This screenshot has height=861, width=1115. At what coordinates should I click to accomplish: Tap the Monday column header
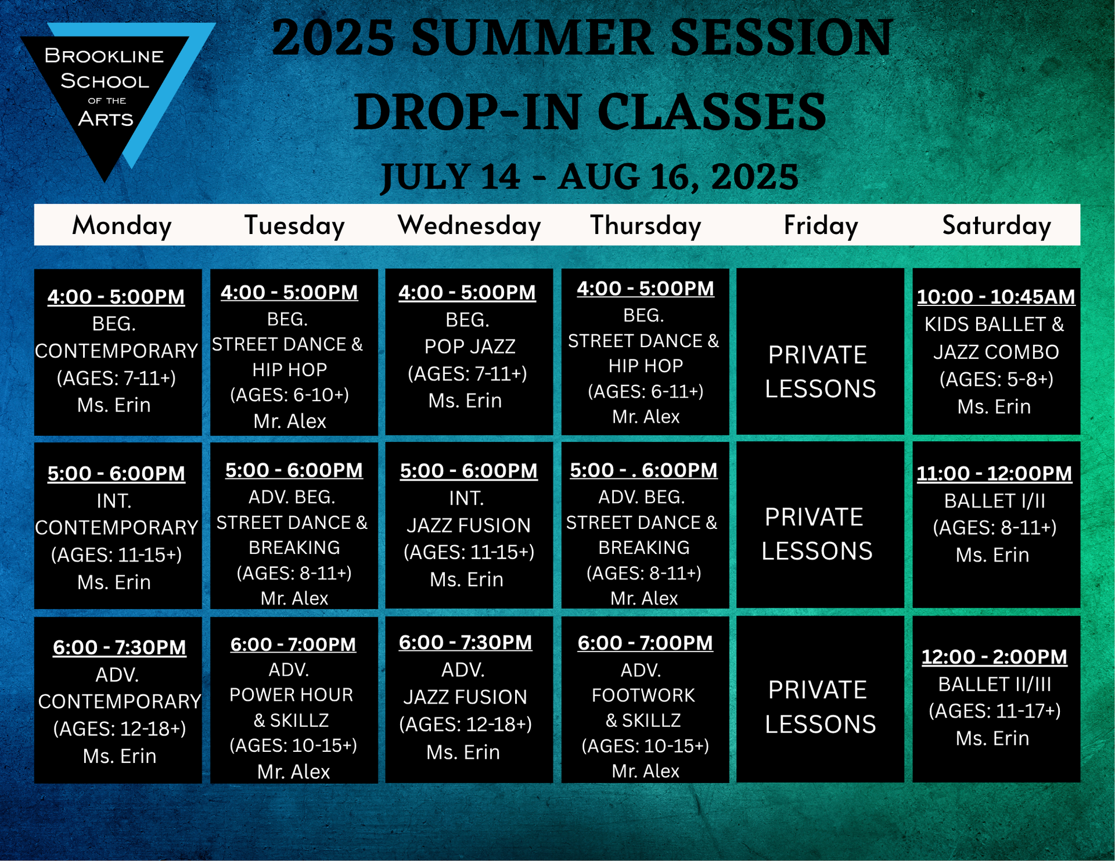(122, 225)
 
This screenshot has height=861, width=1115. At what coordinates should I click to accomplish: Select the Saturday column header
(997, 225)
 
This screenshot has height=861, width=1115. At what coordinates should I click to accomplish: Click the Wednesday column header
(469, 225)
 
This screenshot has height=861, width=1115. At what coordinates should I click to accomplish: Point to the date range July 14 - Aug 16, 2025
(589, 176)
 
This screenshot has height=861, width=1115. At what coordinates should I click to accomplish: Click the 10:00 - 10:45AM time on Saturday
(996, 297)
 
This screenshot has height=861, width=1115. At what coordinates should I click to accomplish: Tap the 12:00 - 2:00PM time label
(994, 657)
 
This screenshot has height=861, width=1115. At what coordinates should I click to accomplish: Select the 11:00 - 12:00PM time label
(994, 474)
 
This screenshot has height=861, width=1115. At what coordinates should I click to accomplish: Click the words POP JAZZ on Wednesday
(470, 347)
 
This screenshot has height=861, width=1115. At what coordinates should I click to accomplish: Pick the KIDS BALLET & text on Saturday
(994, 324)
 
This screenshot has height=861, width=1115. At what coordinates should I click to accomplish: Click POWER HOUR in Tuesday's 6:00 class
(291, 695)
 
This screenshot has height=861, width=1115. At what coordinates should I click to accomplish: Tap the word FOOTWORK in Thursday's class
(643, 695)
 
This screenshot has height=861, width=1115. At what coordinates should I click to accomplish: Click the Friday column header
(821, 225)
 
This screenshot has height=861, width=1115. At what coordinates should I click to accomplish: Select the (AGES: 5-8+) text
(996, 379)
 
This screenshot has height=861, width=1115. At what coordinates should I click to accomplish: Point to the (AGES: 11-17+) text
(994, 711)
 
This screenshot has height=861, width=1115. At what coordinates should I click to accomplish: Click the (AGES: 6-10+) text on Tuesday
(290, 395)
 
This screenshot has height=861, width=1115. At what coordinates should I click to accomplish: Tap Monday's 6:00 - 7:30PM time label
(120, 647)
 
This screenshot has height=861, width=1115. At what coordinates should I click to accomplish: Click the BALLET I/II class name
(994, 500)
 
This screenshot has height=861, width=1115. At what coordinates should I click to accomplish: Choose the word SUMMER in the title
(535, 38)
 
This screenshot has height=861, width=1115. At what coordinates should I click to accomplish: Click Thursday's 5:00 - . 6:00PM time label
(643, 470)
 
